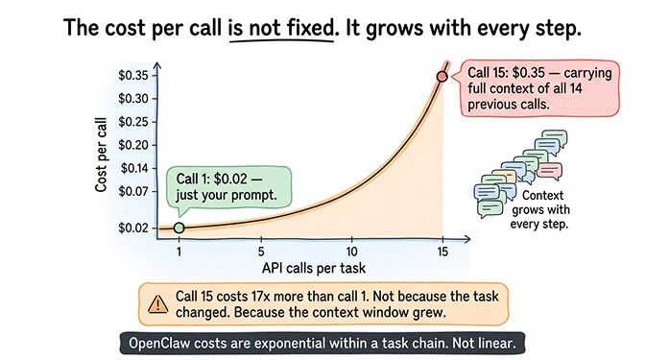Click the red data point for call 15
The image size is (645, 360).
[x=442, y=76]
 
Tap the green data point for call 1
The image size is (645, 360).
[x=179, y=228]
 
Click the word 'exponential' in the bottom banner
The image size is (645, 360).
[x=311, y=343]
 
